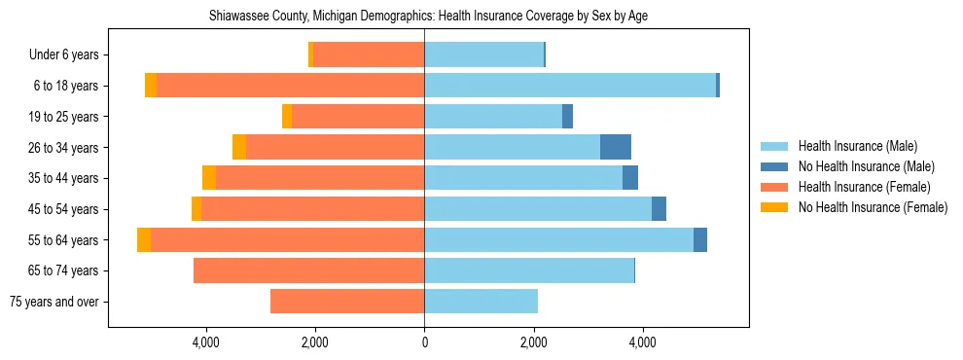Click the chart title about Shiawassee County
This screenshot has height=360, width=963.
coord(429,17)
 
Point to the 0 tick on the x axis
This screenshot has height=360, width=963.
coord(424,342)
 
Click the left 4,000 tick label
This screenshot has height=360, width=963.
coord(206,342)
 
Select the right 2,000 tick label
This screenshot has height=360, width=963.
coord(533,342)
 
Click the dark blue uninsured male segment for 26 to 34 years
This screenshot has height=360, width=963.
coord(616,147)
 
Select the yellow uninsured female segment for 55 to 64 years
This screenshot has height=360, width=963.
coord(144,239)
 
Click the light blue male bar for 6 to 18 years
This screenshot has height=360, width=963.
coord(570,86)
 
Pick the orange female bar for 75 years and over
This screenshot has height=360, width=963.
coord(347,302)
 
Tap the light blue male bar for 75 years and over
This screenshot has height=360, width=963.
coord(481,302)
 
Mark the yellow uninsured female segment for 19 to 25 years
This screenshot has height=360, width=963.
coord(287,117)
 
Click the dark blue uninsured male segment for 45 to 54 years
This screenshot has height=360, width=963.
coord(659,209)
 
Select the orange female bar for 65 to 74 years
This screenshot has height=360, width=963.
coord(308,270)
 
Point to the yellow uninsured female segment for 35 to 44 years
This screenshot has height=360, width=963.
coord(209,178)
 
